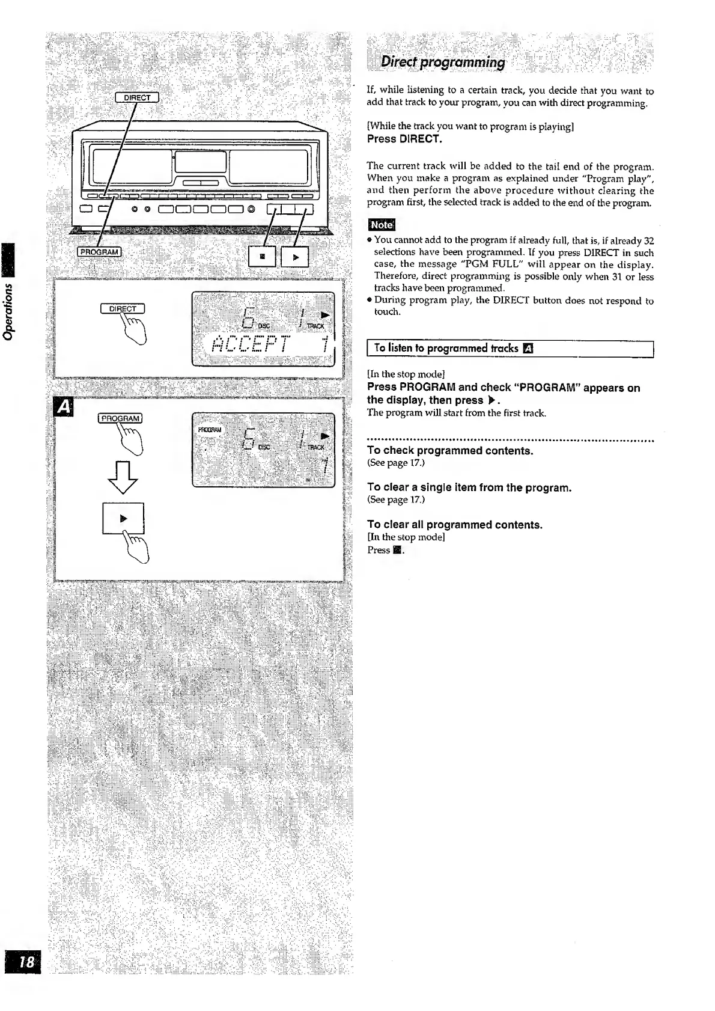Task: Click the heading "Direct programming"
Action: (x=443, y=63)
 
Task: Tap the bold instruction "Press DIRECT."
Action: (x=404, y=139)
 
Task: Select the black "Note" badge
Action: (x=381, y=225)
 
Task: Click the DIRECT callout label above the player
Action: (x=137, y=97)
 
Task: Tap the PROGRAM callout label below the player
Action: (x=100, y=251)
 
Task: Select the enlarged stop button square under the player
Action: (x=261, y=257)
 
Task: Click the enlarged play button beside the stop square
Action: (x=294, y=257)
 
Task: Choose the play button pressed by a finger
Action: (x=123, y=518)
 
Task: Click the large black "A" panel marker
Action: (x=62, y=408)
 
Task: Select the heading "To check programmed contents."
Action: (x=450, y=451)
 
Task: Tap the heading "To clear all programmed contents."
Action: (x=455, y=525)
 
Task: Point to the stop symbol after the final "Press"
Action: (x=397, y=551)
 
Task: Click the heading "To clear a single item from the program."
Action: (x=469, y=487)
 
